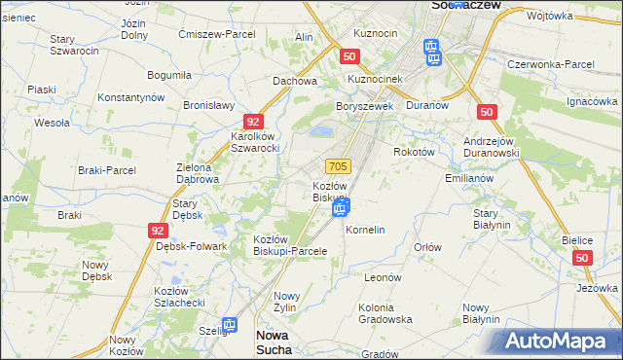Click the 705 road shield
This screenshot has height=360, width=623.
(338, 167)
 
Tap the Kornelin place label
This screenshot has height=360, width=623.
(366, 230)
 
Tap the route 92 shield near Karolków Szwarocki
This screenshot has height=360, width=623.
(253, 122)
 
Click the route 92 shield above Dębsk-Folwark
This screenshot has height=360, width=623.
(158, 231)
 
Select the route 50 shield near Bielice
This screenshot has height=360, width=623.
(582, 258)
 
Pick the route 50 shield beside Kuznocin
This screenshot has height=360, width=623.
(350, 57)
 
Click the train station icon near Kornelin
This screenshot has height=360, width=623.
(341, 207)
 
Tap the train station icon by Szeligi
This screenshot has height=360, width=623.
(230, 326)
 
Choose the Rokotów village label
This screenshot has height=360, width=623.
(414, 152)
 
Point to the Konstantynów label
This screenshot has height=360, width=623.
(129, 98)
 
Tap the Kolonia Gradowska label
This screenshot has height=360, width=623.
(385, 312)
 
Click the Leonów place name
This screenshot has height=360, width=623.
(383, 277)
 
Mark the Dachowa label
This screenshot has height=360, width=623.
(295, 81)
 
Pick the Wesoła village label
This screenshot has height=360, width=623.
(52, 123)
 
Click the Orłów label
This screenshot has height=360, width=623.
(427, 247)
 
